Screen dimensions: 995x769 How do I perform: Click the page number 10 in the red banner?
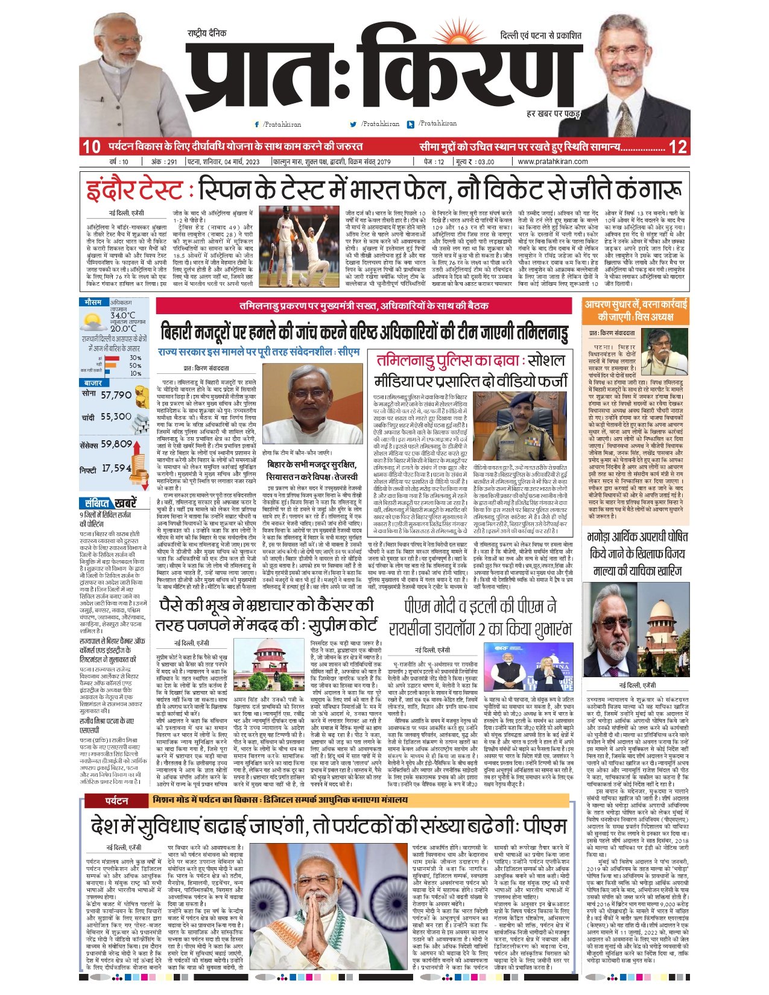click(92, 147)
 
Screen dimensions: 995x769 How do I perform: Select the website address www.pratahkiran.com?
click(552, 162)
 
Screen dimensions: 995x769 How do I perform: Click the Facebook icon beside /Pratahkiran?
click(257, 124)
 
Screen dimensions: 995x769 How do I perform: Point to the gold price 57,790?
click(116, 395)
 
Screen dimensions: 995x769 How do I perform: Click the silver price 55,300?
click(116, 417)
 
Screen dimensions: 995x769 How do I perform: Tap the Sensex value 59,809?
click(116, 444)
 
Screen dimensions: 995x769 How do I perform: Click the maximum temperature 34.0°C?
click(122, 315)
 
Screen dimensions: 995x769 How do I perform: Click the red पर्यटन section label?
click(116, 801)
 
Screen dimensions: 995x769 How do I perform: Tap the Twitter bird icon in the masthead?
click(353, 124)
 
